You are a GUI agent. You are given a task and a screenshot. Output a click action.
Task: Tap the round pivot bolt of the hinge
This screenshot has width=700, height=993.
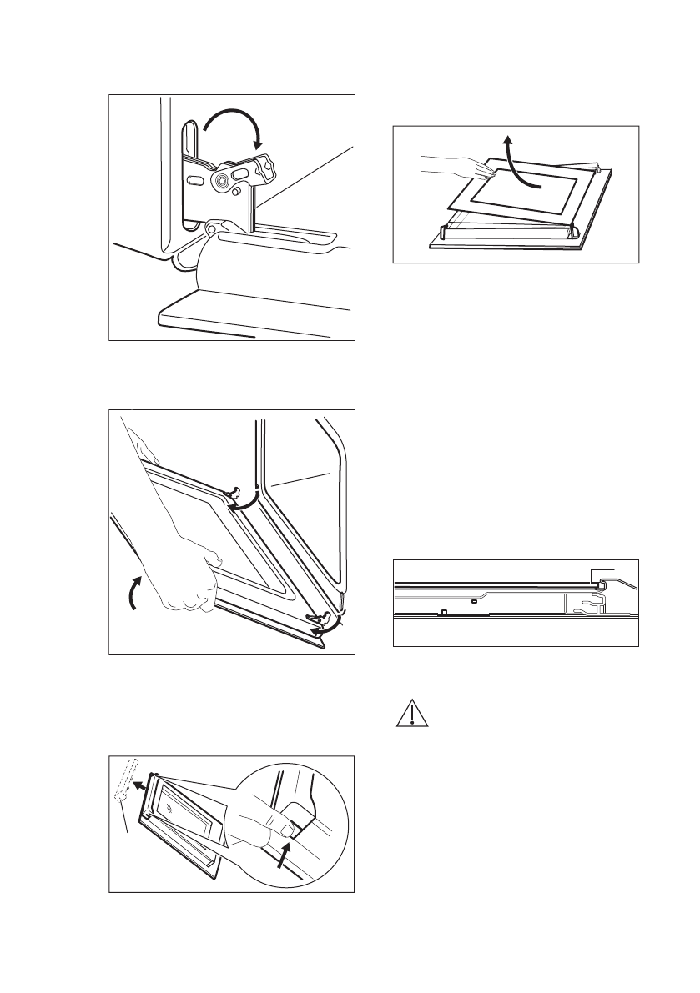[224, 179]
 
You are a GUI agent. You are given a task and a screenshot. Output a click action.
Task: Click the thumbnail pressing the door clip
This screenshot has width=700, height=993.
[286, 830]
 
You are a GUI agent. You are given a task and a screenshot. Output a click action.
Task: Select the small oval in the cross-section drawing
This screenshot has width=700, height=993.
[473, 599]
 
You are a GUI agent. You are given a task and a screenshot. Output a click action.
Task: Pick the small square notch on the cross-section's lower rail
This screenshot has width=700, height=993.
[445, 613]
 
